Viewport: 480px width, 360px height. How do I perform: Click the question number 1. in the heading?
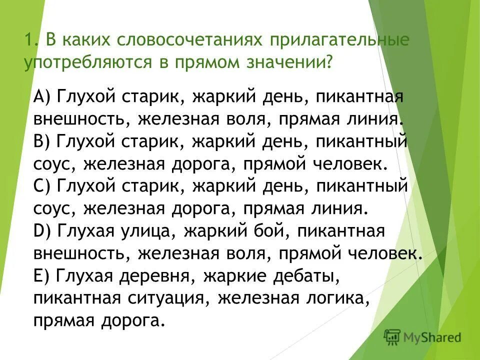click(31, 40)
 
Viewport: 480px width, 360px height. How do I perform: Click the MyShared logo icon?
click(393, 337)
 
